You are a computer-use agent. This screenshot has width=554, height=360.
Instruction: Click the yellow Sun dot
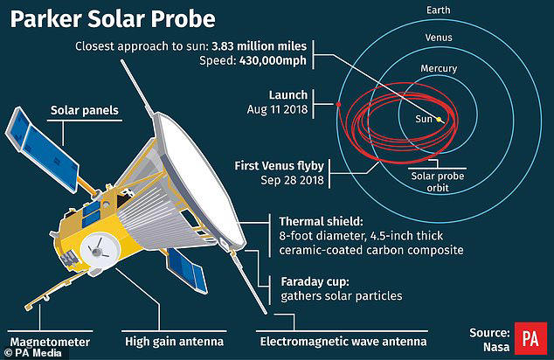coord(440,119)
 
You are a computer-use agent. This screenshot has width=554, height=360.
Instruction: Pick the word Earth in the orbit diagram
coord(440,9)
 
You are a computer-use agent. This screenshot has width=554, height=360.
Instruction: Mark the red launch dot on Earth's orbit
coord(337,106)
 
